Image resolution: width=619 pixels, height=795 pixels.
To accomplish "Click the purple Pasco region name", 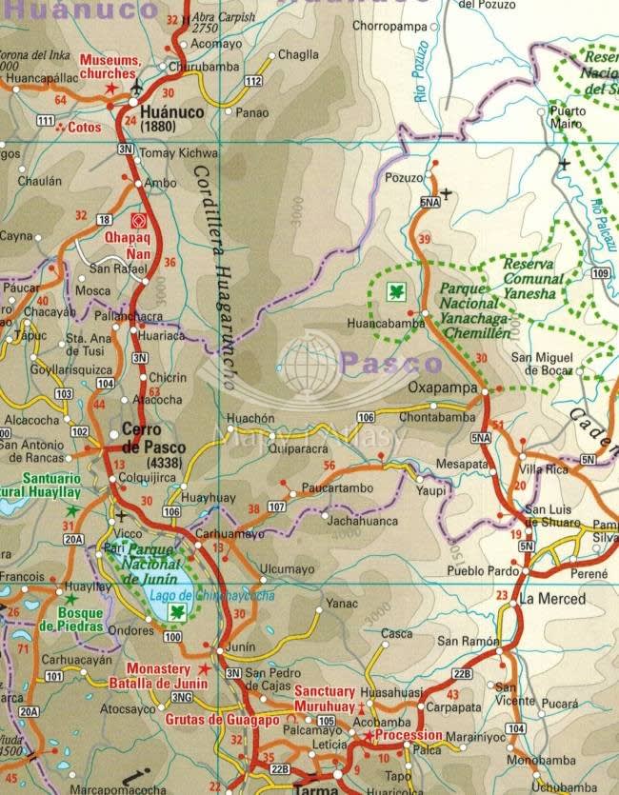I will (391, 363).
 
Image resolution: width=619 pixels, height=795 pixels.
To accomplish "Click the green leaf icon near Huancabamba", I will (391, 291).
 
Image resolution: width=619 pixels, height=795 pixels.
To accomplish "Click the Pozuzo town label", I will (401, 178).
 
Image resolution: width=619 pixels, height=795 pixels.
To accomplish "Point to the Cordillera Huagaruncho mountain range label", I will (213, 276).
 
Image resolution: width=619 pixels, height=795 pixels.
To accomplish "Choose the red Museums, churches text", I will (110, 68).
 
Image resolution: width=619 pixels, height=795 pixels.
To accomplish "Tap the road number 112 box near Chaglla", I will (252, 82).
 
